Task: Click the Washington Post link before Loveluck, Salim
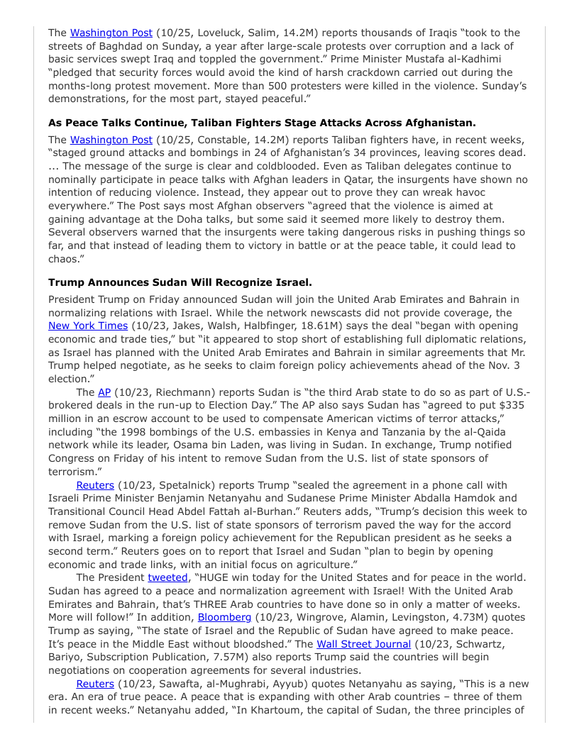point(111,33)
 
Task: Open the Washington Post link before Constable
point(111,140)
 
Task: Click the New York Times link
point(88,326)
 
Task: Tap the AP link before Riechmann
point(104,392)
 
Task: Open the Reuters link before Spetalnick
point(95,485)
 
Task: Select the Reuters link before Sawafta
point(95,684)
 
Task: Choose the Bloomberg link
point(224,617)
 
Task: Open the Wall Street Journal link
point(363,644)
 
